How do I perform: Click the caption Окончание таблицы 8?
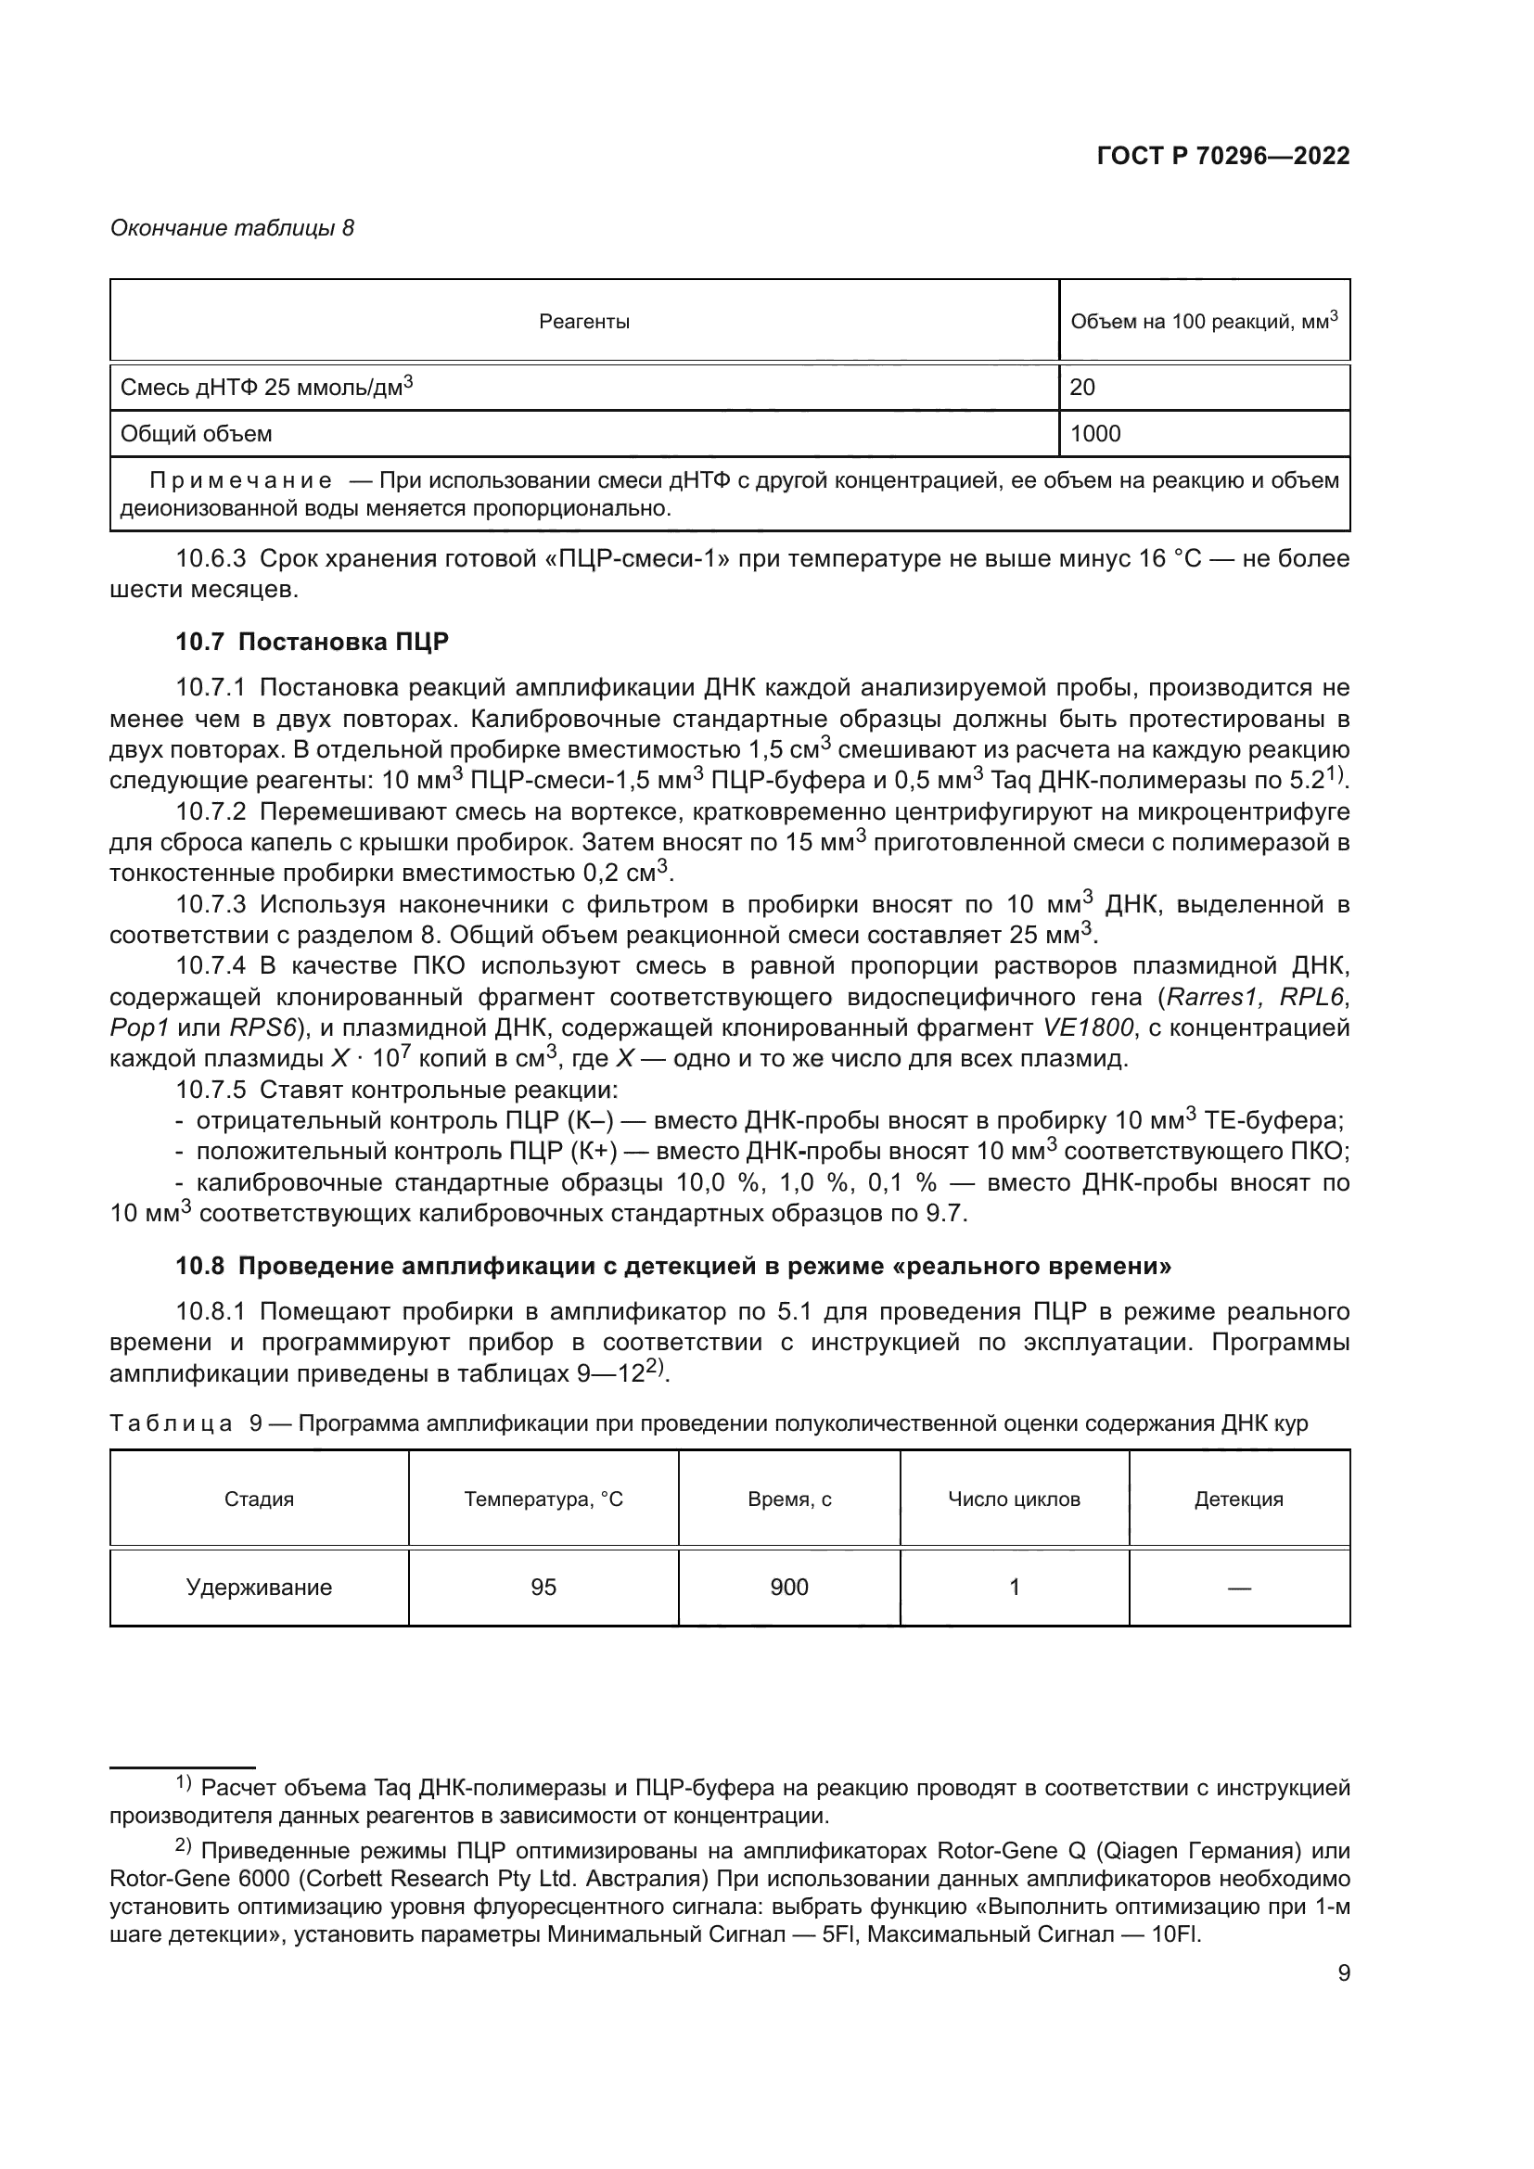(x=232, y=228)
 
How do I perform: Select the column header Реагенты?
(x=583, y=322)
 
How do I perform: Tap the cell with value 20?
(x=1082, y=387)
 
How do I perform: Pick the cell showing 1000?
(x=1094, y=434)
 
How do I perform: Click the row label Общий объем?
(x=197, y=434)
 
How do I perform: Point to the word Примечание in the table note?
(x=240, y=481)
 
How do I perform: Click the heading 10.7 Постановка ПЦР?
(x=312, y=643)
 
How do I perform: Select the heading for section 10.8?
(x=672, y=1266)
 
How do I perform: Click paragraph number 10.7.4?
(x=211, y=965)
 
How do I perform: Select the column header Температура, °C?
(x=543, y=1499)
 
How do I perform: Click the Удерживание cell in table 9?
(x=259, y=1587)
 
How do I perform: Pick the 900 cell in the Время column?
(x=788, y=1587)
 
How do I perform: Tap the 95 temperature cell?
(x=543, y=1587)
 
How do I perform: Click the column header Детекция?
(x=1238, y=1499)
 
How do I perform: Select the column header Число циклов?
(x=1014, y=1499)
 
